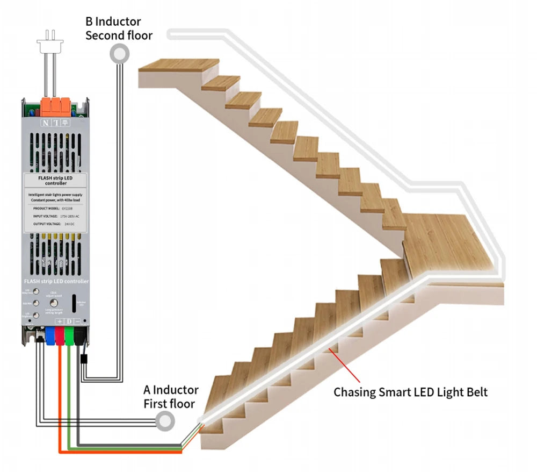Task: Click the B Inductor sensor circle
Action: click(x=119, y=53)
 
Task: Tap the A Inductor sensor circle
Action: click(x=165, y=420)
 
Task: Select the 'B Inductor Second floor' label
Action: click(x=119, y=28)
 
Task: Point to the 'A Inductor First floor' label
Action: click(x=171, y=397)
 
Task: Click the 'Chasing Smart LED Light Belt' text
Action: click(x=410, y=392)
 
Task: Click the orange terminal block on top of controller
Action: click(x=55, y=105)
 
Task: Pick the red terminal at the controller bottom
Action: click(x=60, y=334)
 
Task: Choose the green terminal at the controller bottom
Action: click(x=69, y=334)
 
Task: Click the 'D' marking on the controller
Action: click(x=69, y=321)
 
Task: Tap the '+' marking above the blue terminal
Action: click(x=60, y=321)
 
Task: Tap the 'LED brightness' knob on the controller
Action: click(x=36, y=316)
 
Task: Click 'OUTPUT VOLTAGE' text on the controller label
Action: click(x=46, y=223)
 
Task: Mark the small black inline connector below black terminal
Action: click(x=83, y=359)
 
